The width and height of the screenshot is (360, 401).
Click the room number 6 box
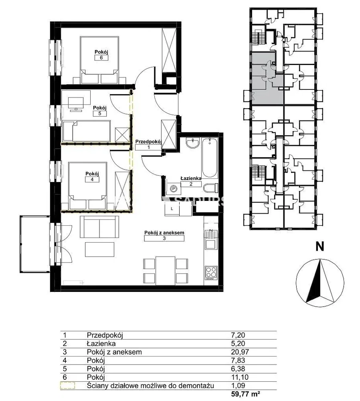101,57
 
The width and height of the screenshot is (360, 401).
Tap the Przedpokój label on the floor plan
149,142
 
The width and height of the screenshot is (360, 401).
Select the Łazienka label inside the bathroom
191,178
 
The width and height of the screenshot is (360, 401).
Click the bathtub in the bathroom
209,158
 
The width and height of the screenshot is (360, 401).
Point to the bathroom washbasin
193,143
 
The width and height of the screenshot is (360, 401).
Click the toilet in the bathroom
211,188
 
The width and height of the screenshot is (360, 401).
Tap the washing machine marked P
174,189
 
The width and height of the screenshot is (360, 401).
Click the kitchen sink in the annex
211,240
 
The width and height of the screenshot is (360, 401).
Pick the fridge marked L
172,209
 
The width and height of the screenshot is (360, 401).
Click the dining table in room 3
166,271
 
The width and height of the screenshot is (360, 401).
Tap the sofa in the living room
99,227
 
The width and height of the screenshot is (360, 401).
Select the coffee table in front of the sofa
100,249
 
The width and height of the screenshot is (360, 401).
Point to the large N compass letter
320,246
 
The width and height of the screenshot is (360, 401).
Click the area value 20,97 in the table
240,352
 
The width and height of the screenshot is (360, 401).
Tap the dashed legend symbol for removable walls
67,386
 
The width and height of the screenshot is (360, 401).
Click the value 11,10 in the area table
240,377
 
